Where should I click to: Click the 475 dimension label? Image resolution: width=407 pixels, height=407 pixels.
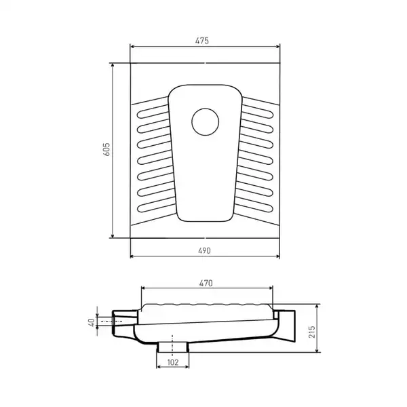click(202, 41)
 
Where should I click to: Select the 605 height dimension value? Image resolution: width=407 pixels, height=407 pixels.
click(106, 149)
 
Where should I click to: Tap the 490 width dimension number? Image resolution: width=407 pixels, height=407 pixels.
click(204, 251)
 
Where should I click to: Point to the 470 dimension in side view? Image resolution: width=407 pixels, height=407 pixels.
click(206, 283)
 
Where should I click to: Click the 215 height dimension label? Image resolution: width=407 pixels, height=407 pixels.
click(311, 332)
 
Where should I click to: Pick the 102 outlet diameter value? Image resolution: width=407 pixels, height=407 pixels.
click(173, 362)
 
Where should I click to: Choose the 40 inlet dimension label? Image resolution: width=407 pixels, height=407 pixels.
click(92, 323)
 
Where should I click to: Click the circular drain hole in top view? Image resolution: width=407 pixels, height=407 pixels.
click(206, 122)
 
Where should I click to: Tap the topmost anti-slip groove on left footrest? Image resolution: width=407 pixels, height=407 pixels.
click(153, 112)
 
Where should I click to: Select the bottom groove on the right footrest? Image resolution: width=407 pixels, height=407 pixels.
click(254, 204)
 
